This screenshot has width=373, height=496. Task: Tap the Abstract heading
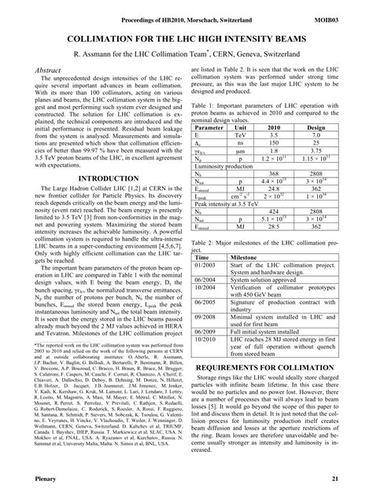[50, 70]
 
